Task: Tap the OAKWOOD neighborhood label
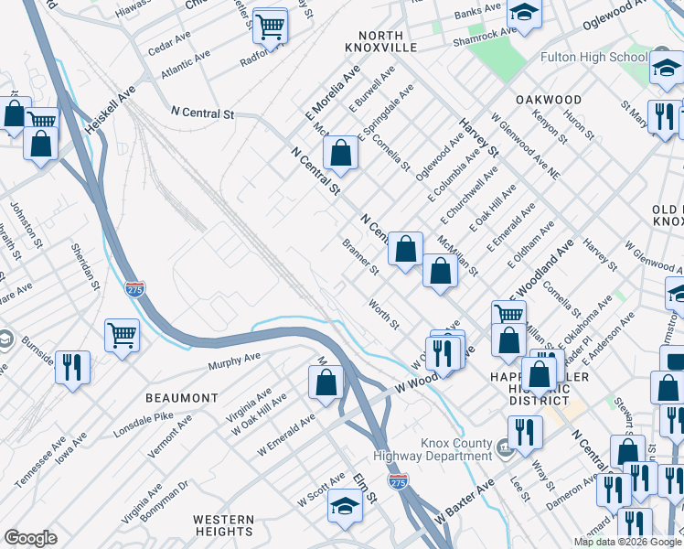[x=548, y=99]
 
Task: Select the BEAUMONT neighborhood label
[x=182, y=398]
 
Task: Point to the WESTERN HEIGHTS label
[x=223, y=525]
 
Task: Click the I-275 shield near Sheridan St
[x=134, y=287]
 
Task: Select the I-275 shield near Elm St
[x=397, y=480]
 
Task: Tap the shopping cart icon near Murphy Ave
[x=122, y=336]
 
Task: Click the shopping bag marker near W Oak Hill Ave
[x=326, y=382]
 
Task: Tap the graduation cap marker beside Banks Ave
[x=525, y=12]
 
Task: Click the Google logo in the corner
[x=30, y=537]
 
